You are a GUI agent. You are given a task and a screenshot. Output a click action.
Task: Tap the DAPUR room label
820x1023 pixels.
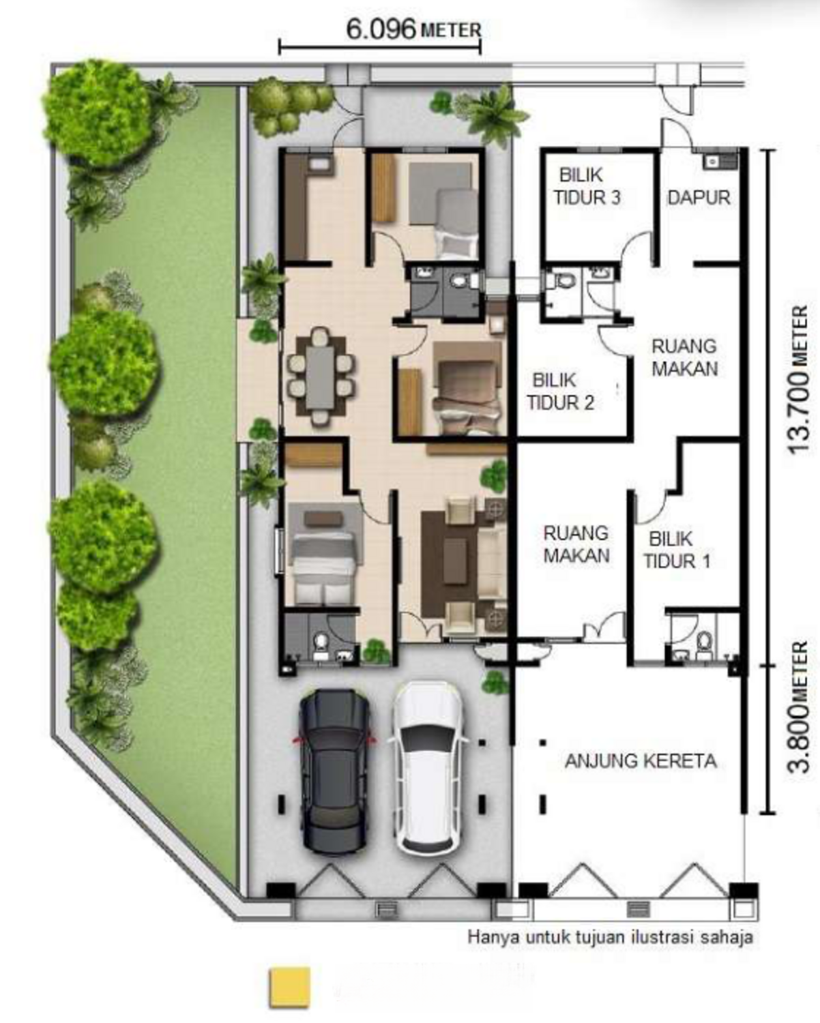click(x=699, y=198)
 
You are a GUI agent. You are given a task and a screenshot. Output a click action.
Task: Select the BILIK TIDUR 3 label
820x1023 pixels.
click(x=587, y=186)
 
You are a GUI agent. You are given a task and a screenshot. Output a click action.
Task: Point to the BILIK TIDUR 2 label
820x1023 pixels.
click(x=560, y=391)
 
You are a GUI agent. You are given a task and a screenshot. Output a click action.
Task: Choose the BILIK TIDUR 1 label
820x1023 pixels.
click(x=677, y=550)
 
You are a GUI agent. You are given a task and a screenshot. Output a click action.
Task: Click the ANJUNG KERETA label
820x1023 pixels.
click(x=641, y=760)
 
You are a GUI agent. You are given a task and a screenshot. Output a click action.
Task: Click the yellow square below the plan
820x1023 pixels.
click(x=290, y=987)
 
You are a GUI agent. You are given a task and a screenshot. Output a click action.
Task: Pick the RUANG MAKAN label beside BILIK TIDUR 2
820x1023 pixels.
click(x=684, y=357)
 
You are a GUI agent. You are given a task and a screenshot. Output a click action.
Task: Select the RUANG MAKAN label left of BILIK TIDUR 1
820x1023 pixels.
click(x=576, y=544)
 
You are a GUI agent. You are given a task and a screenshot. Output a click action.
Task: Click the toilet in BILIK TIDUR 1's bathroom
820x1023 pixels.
click(x=703, y=641)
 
